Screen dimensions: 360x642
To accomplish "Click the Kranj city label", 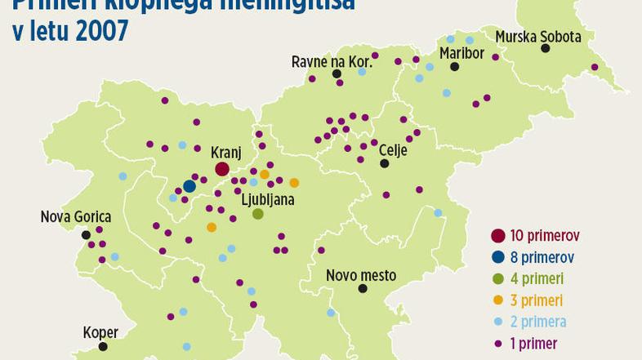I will [x=225, y=152].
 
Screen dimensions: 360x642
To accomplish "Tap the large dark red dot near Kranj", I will [x=222, y=169].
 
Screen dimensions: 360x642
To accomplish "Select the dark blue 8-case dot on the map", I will [x=189, y=186].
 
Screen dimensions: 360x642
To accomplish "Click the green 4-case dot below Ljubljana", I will [x=258, y=214].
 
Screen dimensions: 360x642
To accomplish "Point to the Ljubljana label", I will [x=267, y=198].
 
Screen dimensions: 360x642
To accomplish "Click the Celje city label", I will [x=393, y=149].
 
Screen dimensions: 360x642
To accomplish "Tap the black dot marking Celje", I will [x=384, y=163].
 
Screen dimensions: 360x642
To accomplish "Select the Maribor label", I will [x=461, y=53].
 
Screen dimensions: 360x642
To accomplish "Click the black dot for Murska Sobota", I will [x=545, y=49].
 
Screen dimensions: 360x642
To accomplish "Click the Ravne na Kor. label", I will [x=332, y=61].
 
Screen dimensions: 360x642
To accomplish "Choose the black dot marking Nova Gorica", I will [x=86, y=235].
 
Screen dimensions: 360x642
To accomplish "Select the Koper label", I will [x=100, y=332].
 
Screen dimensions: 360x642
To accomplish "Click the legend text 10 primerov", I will [x=545, y=235].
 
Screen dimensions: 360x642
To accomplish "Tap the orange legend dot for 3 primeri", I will [x=497, y=300].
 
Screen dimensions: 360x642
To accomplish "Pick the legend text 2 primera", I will [x=537, y=322].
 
